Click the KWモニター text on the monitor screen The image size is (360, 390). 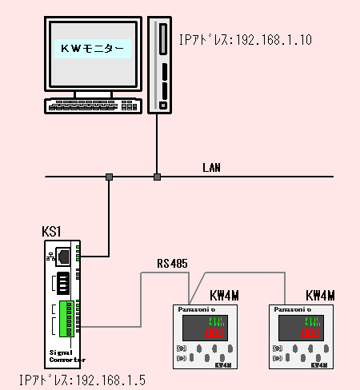(x=93, y=49)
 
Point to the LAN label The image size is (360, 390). (x=211, y=168)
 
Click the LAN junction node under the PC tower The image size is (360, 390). (x=158, y=176)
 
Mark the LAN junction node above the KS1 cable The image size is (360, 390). (x=109, y=176)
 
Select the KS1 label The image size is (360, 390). (x=52, y=231)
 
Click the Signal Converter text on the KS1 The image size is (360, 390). (x=61, y=356)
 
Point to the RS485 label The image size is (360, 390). (x=172, y=263)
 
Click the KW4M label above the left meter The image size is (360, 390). (x=223, y=296)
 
